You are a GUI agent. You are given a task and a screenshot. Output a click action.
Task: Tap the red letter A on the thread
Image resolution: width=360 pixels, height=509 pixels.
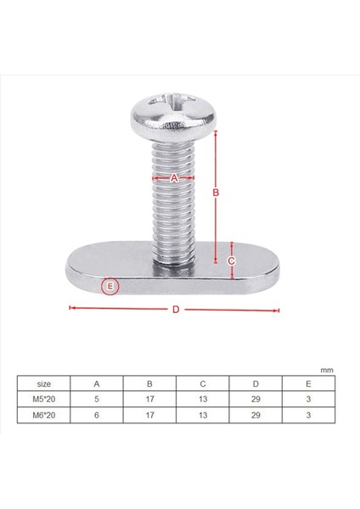174,178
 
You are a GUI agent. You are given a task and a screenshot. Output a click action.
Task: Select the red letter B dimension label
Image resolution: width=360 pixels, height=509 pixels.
216,193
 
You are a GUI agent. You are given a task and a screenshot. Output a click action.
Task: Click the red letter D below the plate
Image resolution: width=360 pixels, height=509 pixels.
176,310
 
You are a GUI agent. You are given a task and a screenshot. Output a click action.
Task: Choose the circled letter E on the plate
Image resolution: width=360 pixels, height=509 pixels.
110,286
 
